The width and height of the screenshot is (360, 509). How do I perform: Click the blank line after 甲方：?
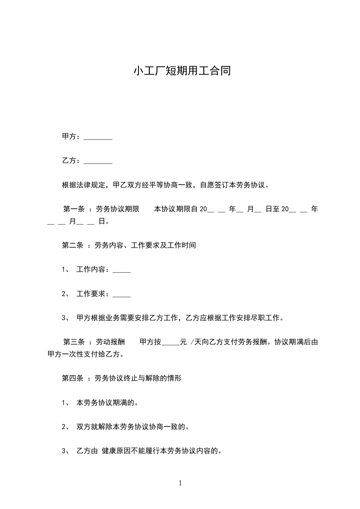[98, 137]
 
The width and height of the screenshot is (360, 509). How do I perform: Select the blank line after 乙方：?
[98, 161]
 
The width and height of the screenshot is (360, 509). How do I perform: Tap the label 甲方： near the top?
[72, 137]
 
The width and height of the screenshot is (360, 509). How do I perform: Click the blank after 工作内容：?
[121, 270]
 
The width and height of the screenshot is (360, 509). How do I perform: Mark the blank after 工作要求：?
[121, 294]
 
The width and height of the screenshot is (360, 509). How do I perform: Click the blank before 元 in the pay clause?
[171, 343]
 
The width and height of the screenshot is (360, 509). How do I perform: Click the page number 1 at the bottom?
[180, 483]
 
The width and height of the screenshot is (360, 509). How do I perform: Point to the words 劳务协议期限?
[117, 209]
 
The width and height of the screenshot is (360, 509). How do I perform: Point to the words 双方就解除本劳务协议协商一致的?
[133, 426]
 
